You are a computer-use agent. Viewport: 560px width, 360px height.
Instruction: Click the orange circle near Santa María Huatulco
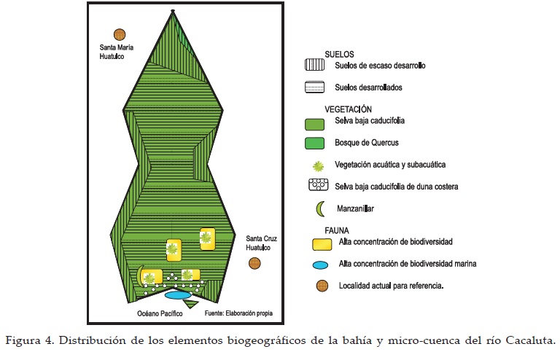click(119, 34)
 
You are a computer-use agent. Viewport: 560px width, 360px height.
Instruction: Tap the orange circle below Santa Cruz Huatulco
click(254, 263)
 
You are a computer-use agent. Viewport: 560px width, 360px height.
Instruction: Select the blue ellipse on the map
click(177, 295)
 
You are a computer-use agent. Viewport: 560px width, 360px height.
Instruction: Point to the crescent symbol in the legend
click(319, 210)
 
